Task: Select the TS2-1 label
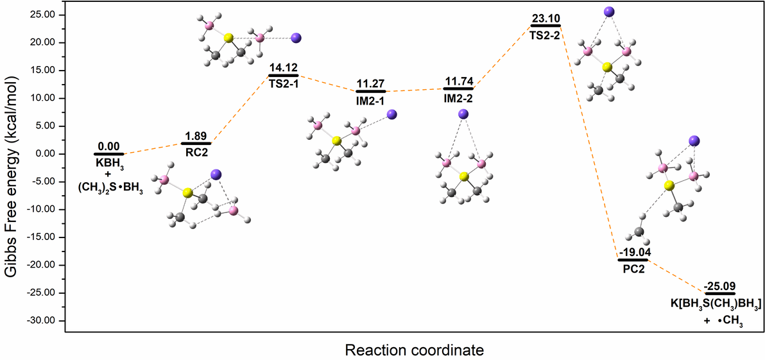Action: (284, 82)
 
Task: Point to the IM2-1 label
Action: (371, 99)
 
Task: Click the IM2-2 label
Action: (458, 96)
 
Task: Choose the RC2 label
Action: (196, 151)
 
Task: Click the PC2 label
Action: (633, 268)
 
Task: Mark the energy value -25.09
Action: (720, 286)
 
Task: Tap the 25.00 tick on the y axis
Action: (47, 15)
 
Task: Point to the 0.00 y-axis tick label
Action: (50, 154)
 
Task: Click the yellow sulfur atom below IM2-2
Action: (464, 176)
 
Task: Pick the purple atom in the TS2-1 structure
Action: (296, 38)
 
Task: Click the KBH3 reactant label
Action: (110, 162)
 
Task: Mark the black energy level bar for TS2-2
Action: (546, 26)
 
